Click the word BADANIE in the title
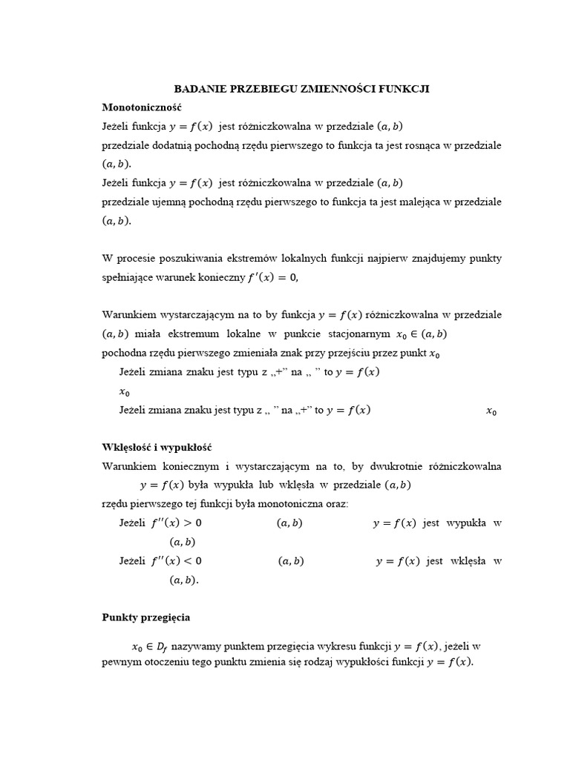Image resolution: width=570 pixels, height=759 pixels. [199, 89]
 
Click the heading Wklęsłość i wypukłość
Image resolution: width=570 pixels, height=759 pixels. [157, 448]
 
